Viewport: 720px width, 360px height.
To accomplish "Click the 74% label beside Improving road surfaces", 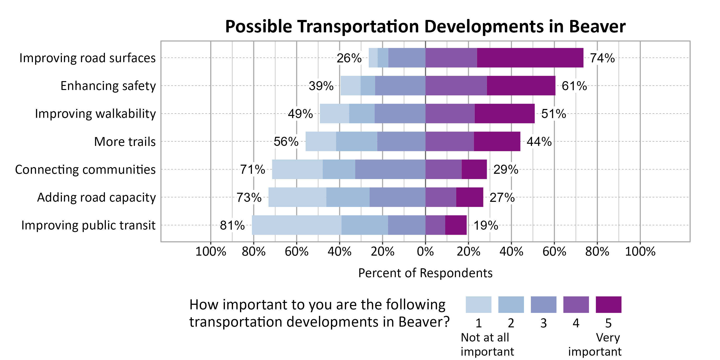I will [x=602, y=58].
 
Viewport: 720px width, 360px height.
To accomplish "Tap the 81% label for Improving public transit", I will [x=232, y=225].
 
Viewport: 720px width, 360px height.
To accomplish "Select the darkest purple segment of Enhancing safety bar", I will [x=521, y=85].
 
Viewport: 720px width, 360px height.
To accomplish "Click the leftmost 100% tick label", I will [x=210, y=252].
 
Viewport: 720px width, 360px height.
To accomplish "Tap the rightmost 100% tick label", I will [x=640, y=252].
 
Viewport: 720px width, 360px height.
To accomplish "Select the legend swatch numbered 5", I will [x=608, y=305].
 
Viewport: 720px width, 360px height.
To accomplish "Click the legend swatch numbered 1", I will [x=478, y=305].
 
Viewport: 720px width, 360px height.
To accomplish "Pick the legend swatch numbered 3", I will [x=543, y=305].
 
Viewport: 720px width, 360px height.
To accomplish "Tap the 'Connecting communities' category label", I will [x=85, y=170].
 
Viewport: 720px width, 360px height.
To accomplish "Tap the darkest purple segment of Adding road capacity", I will [x=470, y=197].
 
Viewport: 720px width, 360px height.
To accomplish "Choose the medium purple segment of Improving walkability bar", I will [x=450, y=114].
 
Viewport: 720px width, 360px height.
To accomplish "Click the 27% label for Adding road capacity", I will [x=502, y=198].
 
